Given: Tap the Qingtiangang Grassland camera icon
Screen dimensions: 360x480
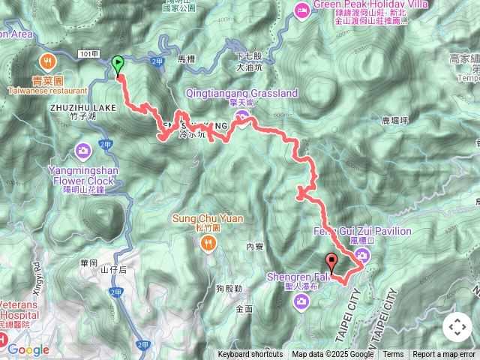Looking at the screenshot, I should point(241,115).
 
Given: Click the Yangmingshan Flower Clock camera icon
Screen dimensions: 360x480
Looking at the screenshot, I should point(82,150).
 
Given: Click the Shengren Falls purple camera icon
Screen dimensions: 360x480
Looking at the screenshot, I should point(301,301).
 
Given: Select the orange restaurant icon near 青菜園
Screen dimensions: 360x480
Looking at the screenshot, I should point(47,61).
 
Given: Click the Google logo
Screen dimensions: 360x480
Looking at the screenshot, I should point(28,349).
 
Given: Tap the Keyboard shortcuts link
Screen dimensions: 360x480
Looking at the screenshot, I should point(250,355).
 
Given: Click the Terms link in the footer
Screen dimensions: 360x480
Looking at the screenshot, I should point(393,355).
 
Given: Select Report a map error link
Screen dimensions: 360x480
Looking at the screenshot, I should point(444,355).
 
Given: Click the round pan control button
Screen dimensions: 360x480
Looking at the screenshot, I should point(457,327).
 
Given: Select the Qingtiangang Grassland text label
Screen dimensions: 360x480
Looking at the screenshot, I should point(241,94).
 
